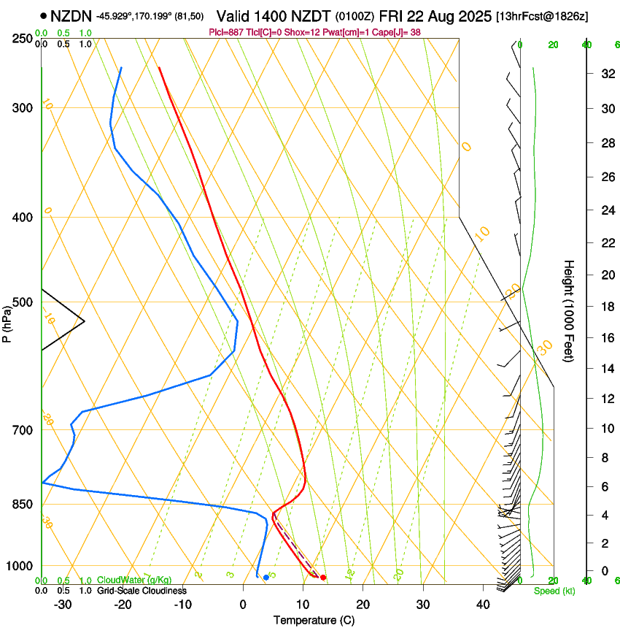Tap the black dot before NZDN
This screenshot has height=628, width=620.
click(x=44, y=15)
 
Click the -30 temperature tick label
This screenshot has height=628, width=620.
click(x=63, y=604)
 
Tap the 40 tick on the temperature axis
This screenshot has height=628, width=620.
click(x=482, y=604)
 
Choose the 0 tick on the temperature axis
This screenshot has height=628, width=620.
click(x=244, y=604)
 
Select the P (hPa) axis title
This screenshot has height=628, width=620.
click(x=7, y=321)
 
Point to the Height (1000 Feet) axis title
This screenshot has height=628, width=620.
click(x=569, y=310)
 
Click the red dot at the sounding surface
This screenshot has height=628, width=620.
click(x=323, y=578)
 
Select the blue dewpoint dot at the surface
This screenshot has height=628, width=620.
click(x=266, y=578)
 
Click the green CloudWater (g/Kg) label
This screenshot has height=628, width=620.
click(x=134, y=580)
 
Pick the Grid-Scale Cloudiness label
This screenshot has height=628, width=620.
click(x=142, y=590)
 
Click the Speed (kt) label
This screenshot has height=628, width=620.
click(x=554, y=591)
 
